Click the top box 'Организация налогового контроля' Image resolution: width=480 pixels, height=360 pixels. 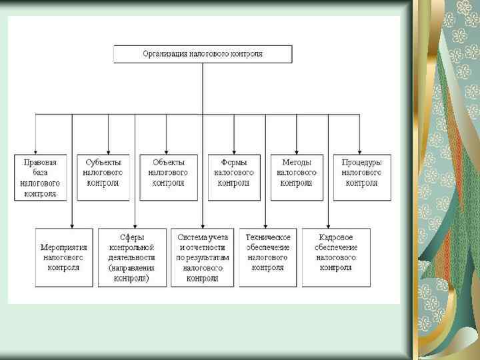(203, 54)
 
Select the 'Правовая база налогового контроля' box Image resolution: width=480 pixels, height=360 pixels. (41, 177)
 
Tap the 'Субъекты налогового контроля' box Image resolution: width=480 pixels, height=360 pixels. (103, 177)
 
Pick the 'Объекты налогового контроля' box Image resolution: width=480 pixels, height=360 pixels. (168, 177)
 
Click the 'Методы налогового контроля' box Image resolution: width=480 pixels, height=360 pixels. (297, 177)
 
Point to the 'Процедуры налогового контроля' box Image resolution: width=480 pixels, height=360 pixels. (362, 177)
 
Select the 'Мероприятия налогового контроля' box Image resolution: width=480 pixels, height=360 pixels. (64, 257)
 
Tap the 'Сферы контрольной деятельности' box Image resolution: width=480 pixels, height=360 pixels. (132, 257)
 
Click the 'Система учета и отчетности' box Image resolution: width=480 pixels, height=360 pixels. (203, 257)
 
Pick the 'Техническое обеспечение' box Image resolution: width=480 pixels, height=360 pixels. (268, 257)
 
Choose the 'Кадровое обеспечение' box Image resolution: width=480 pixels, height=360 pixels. (336, 257)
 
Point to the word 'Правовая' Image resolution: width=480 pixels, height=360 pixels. (41, 162)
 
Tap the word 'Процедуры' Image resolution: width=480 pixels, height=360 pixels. (362, 162)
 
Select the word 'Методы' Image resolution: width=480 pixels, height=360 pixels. (297, 162)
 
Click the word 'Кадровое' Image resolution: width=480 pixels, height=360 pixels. (336, 237)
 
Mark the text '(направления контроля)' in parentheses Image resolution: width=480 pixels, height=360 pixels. (132, 273)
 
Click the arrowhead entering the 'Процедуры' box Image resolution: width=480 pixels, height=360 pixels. (360, 152)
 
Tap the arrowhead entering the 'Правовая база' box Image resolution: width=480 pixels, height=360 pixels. (36, 152)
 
